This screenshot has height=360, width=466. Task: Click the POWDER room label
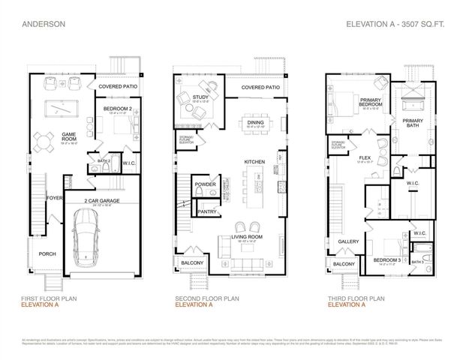click(205, 183)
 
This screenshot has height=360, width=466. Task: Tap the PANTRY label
click(208, 212)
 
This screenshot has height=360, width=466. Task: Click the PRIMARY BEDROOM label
click(373, 103)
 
